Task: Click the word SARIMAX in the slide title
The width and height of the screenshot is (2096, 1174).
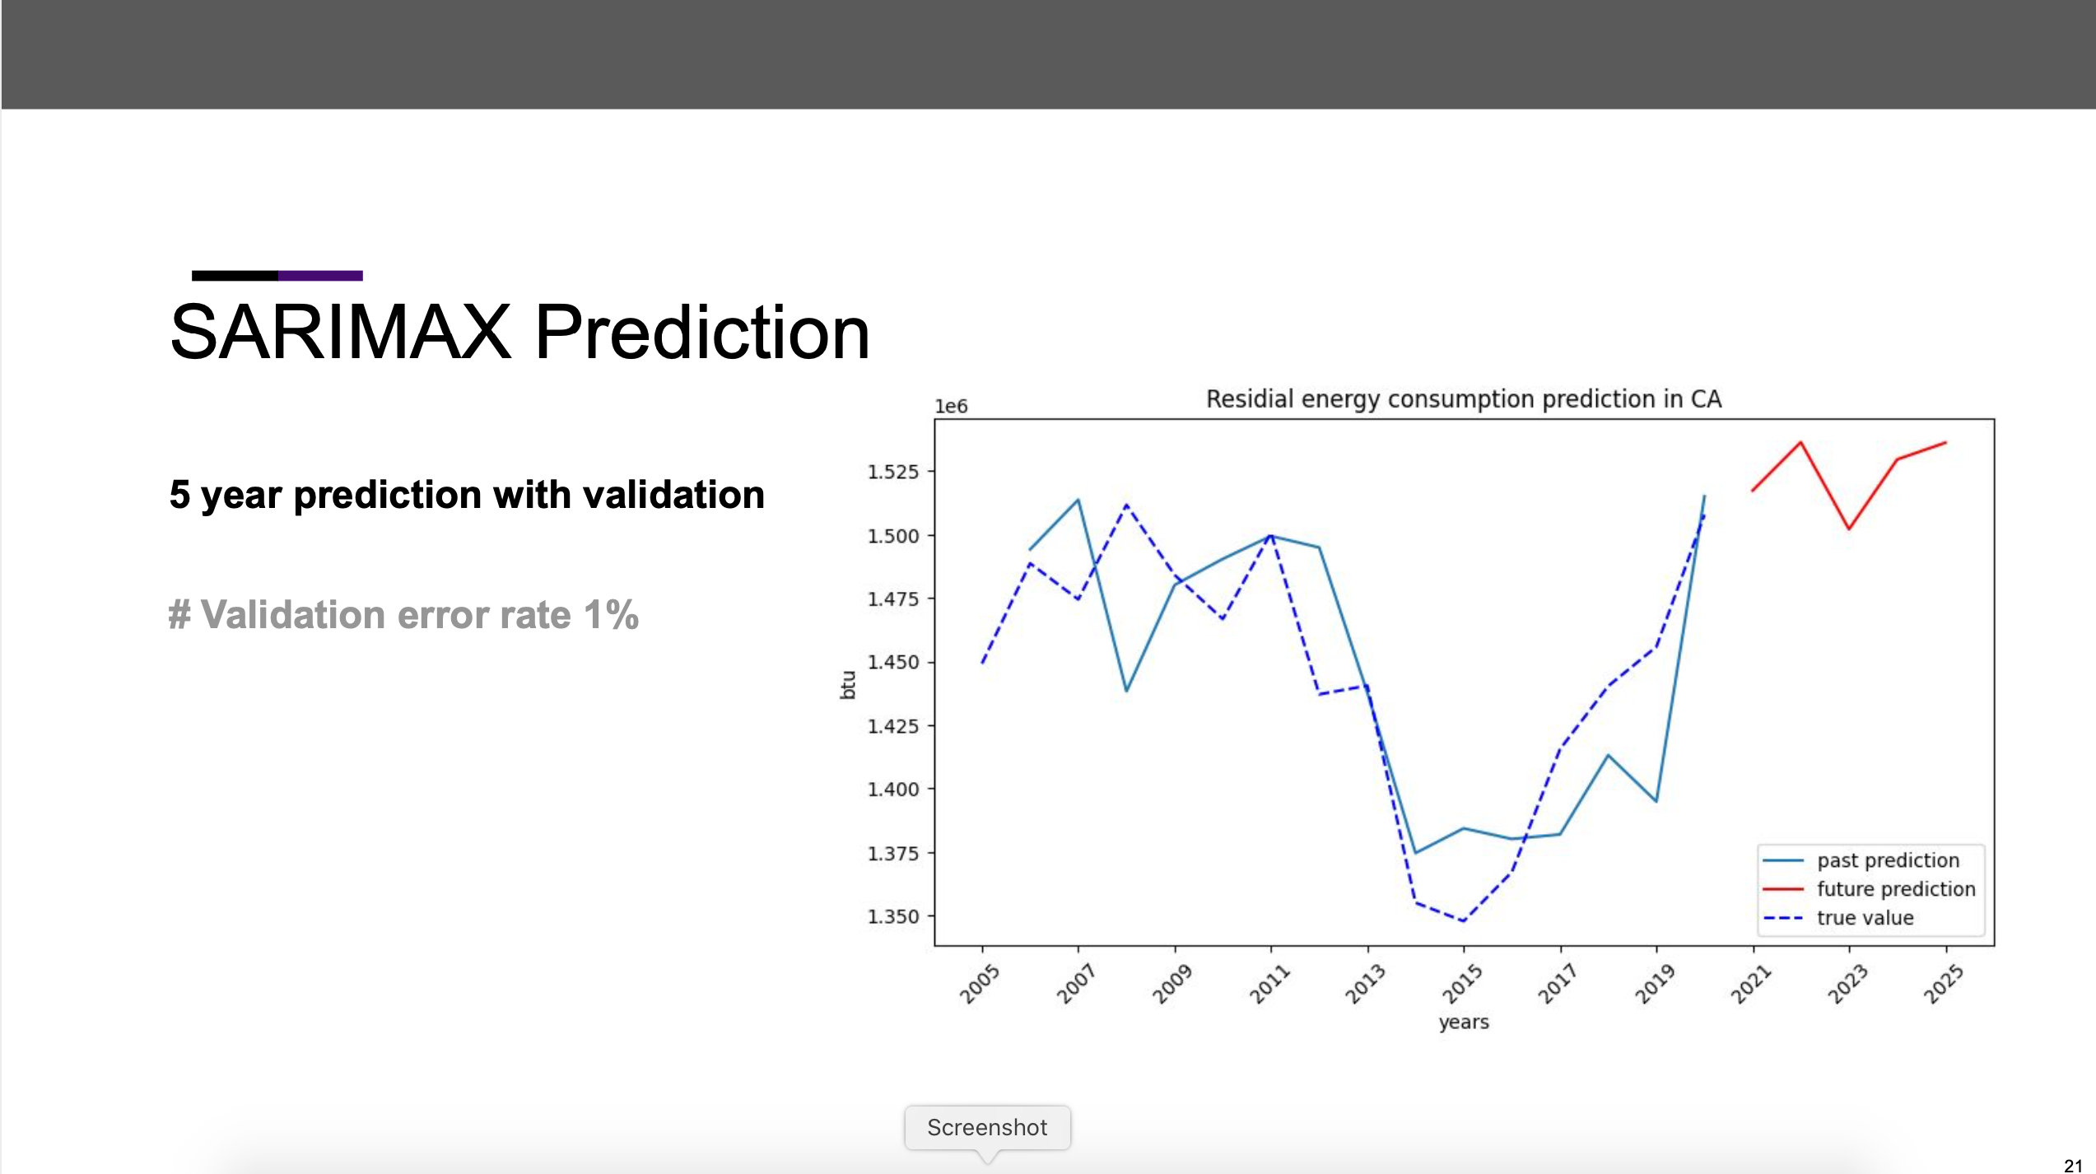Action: point(340,332)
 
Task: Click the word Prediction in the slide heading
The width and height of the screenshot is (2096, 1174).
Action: point(702,332)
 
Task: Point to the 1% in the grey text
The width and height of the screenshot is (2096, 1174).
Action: point(611,615)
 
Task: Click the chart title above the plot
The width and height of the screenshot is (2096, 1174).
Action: point(1463,399)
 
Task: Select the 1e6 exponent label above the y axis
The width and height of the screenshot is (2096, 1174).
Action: point(951,407)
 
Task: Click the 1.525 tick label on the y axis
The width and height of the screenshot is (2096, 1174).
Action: point(892,472)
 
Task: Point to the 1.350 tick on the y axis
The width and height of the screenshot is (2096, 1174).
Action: point(892,916)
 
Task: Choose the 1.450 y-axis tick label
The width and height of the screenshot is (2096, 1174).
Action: point(892,663)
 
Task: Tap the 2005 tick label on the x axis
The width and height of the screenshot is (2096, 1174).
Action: point(979,984)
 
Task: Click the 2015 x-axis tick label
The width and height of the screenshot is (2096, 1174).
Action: point(1461,984)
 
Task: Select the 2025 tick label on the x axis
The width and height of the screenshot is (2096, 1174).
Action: point(1943,984)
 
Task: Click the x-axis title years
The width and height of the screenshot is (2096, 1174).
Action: point(1464,1022)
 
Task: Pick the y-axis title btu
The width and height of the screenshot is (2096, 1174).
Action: point(848,685)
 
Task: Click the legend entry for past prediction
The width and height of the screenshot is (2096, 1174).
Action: point(1888,860)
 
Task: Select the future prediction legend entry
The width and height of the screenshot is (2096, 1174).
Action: point(1895,889)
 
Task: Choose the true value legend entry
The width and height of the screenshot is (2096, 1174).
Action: point(1865,918)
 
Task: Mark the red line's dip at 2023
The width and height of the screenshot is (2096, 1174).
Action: point(1849,529)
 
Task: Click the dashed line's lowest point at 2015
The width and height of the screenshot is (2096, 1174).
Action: point(1463,921)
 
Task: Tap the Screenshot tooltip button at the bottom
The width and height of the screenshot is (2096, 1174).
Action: point(987,1127)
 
